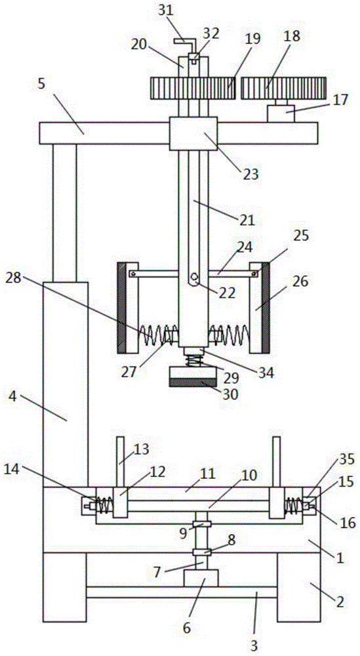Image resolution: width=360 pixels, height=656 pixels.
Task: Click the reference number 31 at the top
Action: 167,10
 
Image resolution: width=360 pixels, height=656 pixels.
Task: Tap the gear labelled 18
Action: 283,88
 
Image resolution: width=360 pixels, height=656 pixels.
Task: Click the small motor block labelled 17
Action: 281,113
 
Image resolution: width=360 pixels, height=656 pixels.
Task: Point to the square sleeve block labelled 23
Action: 193,133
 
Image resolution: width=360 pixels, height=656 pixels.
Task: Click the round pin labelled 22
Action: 193,277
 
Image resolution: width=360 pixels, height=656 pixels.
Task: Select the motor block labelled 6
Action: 201,578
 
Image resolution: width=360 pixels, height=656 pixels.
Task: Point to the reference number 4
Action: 13,396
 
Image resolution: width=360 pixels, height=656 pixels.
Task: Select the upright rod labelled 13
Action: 121,462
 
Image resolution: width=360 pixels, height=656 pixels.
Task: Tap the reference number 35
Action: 347,459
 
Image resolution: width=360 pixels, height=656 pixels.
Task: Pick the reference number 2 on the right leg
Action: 340,602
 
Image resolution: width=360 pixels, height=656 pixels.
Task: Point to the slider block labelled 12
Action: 121,502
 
